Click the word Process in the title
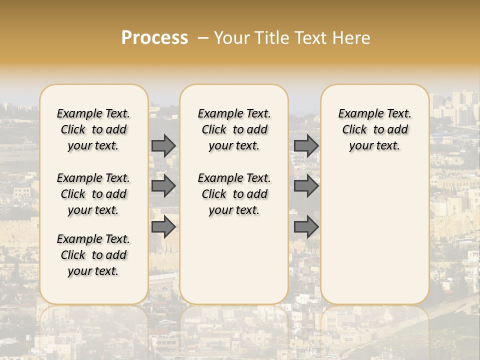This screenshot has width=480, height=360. pos(154,38)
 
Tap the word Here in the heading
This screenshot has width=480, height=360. pos(352,38)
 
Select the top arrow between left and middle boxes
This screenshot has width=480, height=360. pos(163,145)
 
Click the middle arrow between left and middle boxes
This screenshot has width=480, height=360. pos(163,186)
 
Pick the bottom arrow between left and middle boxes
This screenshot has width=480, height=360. pos(163,227)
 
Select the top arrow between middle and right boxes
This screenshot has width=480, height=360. pos(306,145)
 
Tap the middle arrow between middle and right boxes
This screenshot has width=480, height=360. pos(306,186)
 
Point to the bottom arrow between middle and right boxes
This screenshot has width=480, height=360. pos(306,227)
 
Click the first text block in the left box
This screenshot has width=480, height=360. pos(93,129)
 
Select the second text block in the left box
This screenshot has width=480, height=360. pos(93,194)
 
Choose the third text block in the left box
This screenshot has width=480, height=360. pos(93,255)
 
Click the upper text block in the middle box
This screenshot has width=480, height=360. pos(234,129)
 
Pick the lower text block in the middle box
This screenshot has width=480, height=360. pos(234,194)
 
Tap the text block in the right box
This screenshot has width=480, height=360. pos(374,129)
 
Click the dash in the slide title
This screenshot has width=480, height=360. pos(203,38)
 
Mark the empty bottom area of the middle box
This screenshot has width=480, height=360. pos(234,265)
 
